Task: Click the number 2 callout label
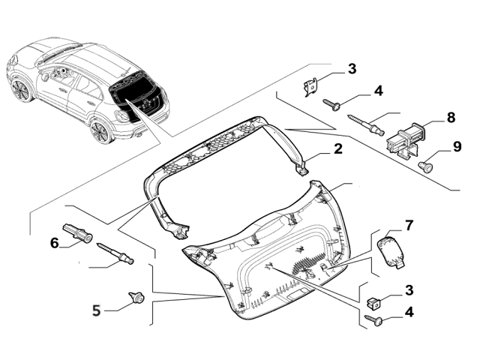tap(338, 148)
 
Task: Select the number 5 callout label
tap(96, 308)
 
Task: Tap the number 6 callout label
tap(54, 242)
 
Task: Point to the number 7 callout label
tap(409, 225)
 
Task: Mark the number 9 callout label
tap(457, 146)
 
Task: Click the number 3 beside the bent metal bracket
tap(352, 70)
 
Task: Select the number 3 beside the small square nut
tap(409, 289)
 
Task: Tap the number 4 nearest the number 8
tap(378, 91)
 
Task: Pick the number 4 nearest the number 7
tap(409, 310)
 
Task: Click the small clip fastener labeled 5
tap(137, 298)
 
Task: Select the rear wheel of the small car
tap(99, 130)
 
